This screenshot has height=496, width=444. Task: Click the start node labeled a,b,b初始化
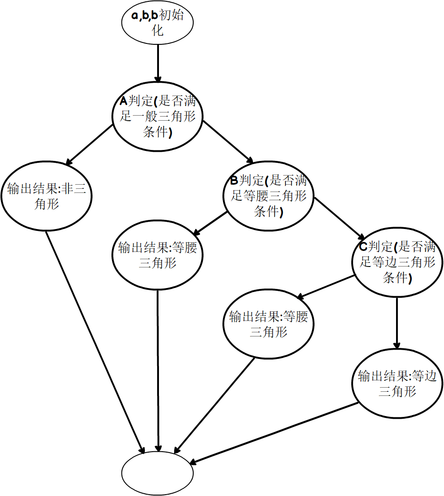(158, 22)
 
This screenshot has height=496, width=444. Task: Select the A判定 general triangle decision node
(158, 117)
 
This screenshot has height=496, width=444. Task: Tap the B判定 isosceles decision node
(268, 196)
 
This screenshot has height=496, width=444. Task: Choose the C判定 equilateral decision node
(397, 262)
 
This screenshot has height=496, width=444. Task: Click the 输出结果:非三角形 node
(47, 196)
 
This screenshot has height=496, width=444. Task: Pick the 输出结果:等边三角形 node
(397, 384)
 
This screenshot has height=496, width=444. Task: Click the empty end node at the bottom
(158, 473)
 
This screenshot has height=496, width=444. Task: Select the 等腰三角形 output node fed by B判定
(158, 255)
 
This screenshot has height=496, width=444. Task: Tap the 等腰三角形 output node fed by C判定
(268, 324)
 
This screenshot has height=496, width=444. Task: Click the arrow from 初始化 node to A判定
(158, 63)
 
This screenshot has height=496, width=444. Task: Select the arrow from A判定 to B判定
(228, 142)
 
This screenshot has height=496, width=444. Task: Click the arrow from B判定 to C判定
(339, 218)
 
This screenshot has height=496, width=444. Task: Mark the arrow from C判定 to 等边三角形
(397, 323)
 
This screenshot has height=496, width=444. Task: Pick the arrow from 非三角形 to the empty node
(95, 342)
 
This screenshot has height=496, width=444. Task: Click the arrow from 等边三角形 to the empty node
(274, 433)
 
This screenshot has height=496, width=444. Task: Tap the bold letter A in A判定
(123, 101)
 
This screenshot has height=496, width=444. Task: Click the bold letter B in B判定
(234, 180)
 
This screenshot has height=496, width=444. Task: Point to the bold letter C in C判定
(364, 246)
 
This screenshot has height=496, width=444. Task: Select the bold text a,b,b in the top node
(144, 15)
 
